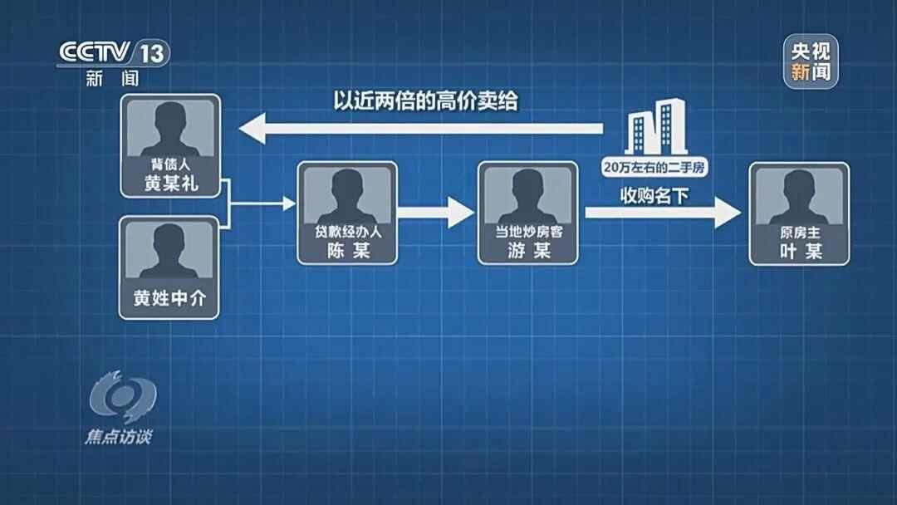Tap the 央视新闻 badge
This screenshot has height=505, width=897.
[x=811, y=61]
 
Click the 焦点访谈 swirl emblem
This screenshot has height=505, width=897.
[x=122, y=395]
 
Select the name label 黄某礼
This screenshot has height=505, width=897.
[x=171, y=183]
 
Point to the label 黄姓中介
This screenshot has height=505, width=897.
[x=169, y=298]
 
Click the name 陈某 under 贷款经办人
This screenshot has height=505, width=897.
[x=348, y=250]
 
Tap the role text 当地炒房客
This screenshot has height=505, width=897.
[x=528, y=232]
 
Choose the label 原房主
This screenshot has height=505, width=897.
[x=800, y=233]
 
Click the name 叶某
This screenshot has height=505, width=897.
[x=801, y=251]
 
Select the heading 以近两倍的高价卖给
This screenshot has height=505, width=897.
[x=425, y=101]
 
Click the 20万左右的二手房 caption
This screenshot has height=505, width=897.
[x=654, y=168]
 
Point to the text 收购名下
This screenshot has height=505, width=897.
[x=654, y=196]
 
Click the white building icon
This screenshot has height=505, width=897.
[x=655, y=127]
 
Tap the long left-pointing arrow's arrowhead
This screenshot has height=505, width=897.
[x=252, y=128]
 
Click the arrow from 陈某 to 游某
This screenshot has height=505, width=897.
[x=436, y=213]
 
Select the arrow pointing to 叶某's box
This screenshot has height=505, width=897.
[x=663, y=213]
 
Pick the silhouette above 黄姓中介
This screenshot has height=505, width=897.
[x=169, y=251]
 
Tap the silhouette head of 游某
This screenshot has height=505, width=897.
[x=527, y=184]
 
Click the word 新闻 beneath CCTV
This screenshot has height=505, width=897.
[x=113, y=78]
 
